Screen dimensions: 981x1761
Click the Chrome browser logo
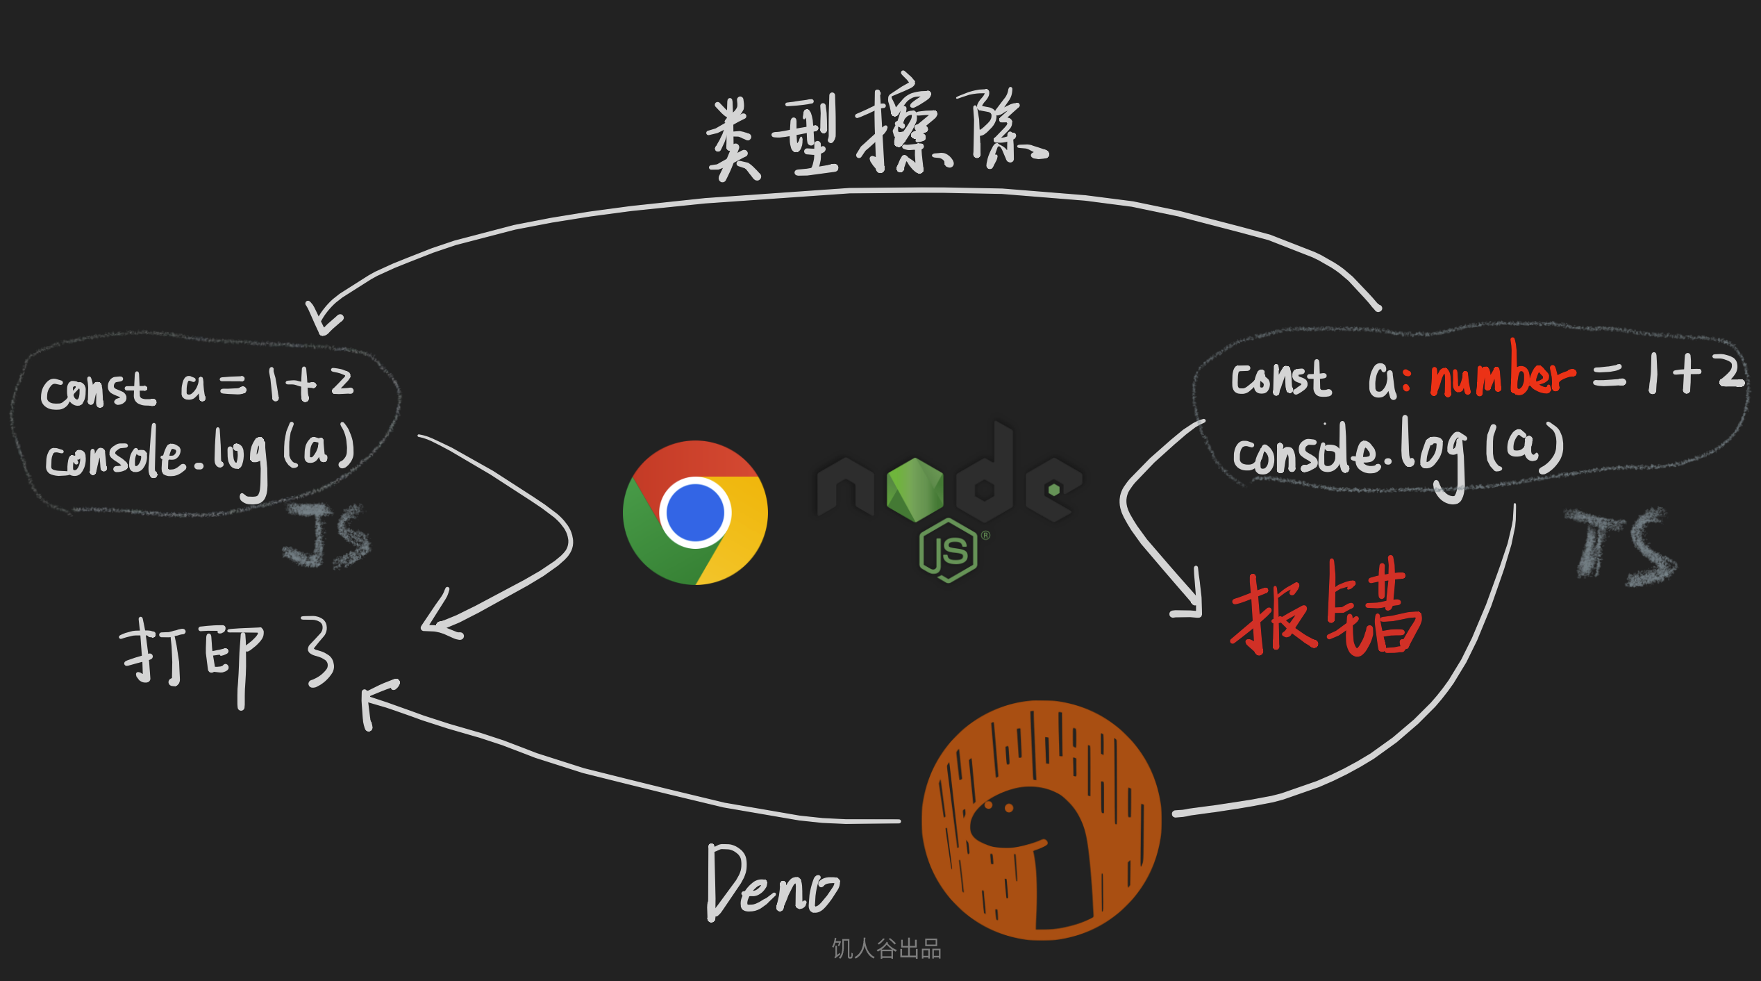pyautogui.click(x=695, y=513)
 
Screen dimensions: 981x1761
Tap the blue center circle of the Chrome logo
pyautogui.click(x=695, y=512)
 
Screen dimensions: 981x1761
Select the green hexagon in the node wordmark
pyautogui.click(x=915, y=489)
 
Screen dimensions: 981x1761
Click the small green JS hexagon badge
pyautogui.click(x=949, y=550)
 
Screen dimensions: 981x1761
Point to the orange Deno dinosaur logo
pyautogui.click(x=1041, y=820)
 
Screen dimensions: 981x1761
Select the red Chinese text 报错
pyautogui.click(x=1325, y=610)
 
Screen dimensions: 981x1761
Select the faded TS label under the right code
pyautogui.click(x=1622, y=545)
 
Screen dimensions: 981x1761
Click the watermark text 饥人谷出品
pyautogui.click(x=886, y=948)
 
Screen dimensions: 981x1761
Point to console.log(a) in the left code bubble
pyautogui.click(x=200, y=455)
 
